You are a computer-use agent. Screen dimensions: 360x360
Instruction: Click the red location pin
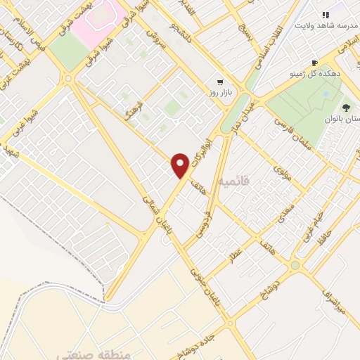(x=181, y=165)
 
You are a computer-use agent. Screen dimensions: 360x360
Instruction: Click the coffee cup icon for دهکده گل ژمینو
(x=314, y=62)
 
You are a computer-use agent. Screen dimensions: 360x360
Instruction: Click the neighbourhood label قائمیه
(x=234, y=182)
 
